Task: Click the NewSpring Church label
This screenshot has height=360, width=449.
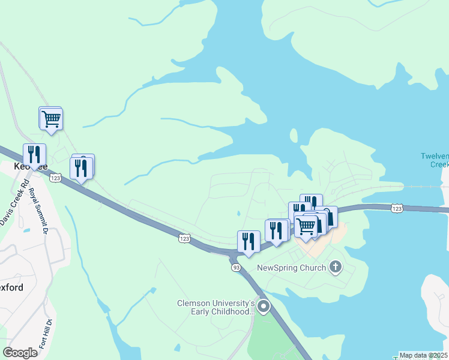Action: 291,268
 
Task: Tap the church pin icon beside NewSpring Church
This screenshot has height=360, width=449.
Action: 336,267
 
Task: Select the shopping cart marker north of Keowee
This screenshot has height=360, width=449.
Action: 52,119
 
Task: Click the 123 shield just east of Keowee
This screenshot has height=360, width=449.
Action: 56,178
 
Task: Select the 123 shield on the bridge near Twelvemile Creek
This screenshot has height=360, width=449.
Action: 396,208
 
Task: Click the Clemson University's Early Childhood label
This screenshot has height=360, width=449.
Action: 215,307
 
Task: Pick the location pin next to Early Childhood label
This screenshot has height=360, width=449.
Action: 264,307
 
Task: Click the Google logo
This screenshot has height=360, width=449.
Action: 20,352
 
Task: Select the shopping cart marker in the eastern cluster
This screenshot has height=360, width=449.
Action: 306,226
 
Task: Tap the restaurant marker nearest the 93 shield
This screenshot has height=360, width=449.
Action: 249,241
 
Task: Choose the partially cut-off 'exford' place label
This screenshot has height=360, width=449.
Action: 11,287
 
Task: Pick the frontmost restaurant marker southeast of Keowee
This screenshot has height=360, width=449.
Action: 80,168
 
